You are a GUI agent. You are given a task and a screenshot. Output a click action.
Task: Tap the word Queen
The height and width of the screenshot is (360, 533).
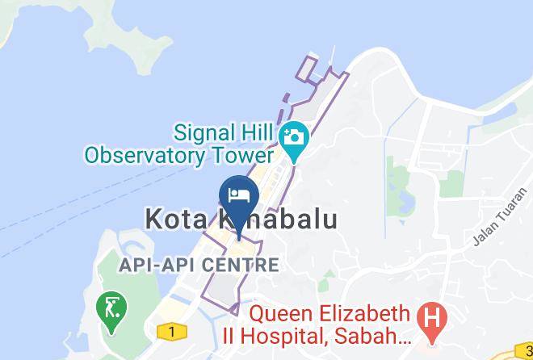[x=283, y=312]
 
